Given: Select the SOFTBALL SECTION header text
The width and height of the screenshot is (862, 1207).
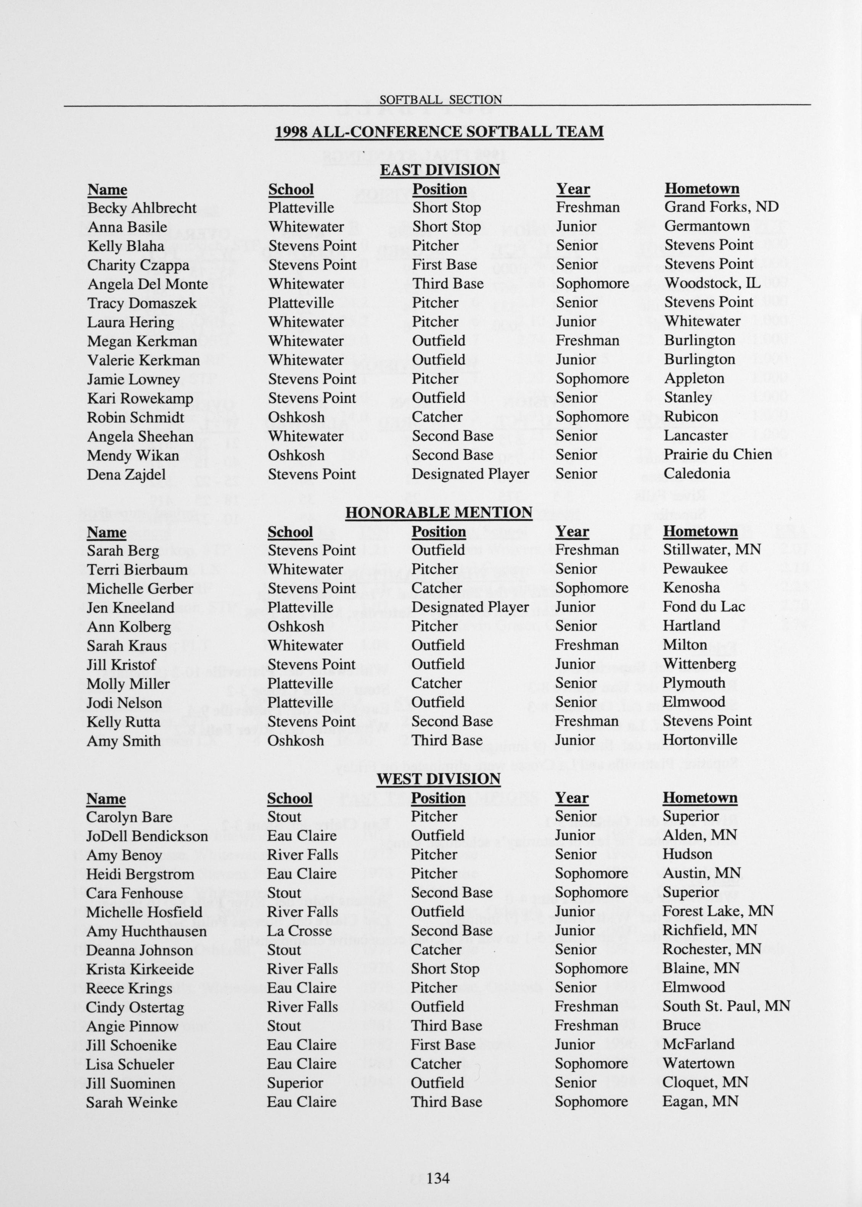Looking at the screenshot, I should click(x=440, y=99).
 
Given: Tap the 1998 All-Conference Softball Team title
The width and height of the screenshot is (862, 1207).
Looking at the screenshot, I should click(x=439, y=131).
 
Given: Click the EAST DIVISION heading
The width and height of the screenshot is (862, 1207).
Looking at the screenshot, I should click(x=439, y=170).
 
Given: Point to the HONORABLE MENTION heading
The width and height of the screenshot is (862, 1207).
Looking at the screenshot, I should click(x=438, y=512).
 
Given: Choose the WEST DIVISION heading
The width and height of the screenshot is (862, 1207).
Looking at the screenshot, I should click(x=438, y=779).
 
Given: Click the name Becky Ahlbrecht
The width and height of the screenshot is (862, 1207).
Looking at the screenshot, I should click(x=142, y=208).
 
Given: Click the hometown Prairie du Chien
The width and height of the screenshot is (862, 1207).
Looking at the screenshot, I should click(x=717, y=454).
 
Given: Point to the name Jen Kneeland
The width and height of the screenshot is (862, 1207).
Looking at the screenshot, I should click(x=130, y=607).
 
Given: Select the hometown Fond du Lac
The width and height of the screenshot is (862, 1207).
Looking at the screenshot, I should click(x=704, y=607).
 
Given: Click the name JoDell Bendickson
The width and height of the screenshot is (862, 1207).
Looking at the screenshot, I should click(x=147, y=836).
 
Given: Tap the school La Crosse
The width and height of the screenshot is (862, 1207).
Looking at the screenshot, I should click(x=299, y=930).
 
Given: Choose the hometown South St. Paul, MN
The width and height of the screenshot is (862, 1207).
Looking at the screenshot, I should click(x=726, y=1006).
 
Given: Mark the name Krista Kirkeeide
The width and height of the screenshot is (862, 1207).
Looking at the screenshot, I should click(x=140, y=969).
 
